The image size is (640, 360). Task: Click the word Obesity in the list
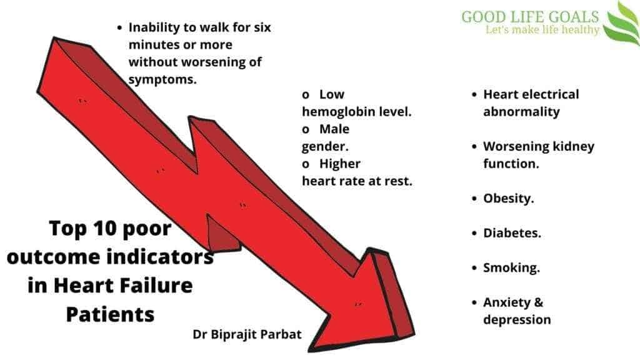pyautogui.click(x=508, y=199)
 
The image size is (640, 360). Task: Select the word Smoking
pyautogui.click(x=511, y=268)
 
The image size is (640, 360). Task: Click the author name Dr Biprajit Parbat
pyautogui.click(x=247, y=335)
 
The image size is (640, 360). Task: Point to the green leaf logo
pyautogui.click(x=622, y=24)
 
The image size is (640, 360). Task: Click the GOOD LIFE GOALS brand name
pyautogui.click(x=530, y=17)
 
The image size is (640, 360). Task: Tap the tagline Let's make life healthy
pyautogui.click(x=542, y=30)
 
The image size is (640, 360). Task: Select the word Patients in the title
pyautogui.click(x=110, y=314)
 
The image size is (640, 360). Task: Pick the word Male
pyautogui.click(x=334, y=129)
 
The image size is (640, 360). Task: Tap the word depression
pyautogui.click(x=517, y=319)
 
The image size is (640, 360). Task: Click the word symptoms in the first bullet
pyautogui.click(x=162, y=79)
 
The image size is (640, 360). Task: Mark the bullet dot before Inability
pyautogui.click(x=119, y=27)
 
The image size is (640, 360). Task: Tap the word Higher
pyautogui.click(x=339, y=164)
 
